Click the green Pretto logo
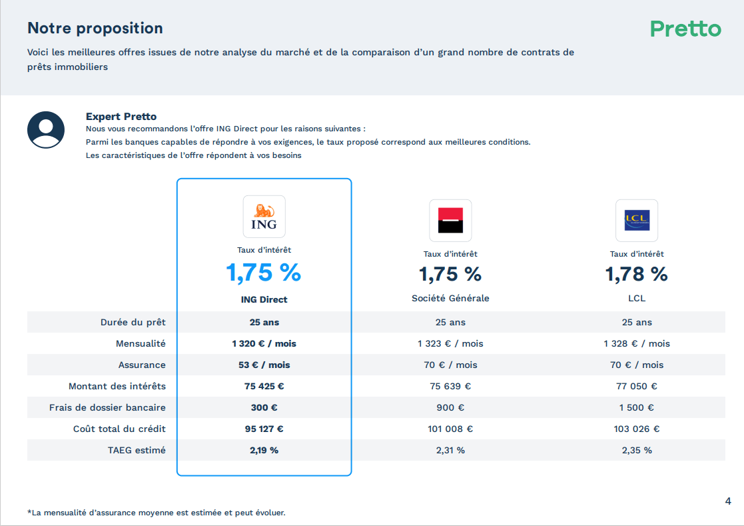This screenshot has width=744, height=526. coord(685,29)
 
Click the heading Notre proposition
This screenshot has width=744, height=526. coord(95,28)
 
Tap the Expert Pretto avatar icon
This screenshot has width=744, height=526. coord(46,129)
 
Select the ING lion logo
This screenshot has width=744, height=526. coord(264,217)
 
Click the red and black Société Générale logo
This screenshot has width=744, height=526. coord(450,221)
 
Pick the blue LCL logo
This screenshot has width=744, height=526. coord(637,221)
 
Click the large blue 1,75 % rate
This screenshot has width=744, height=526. coord(264,273)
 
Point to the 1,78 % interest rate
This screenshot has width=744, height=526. coord(637,274)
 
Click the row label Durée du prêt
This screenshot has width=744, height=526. coord(133,322)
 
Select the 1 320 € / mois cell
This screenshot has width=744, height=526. coord(264,343)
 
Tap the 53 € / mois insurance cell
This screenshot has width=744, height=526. coord(264,365)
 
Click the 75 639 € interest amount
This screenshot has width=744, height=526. coord(450,386)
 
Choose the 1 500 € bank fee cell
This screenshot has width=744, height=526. coord(637,407)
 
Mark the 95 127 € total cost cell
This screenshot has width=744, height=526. coord(264,429)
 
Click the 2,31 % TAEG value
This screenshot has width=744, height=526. coord(450,450)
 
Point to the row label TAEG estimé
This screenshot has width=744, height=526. coord(137,450)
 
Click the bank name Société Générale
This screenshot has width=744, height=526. coord(450,298)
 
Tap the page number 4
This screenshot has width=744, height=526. coord(728,501)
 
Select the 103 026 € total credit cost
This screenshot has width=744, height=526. coord(637,429)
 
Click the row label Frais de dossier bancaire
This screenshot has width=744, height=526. coord(107,407)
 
